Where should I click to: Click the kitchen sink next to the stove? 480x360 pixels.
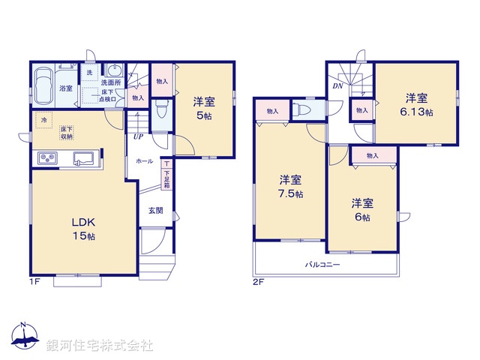pyautogui.click(x=83, y=158)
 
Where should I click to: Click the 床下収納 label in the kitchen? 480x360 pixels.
pyautogui.click(x=67, y=133)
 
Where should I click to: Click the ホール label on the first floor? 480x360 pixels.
pyautogui.click(x=145, y=161)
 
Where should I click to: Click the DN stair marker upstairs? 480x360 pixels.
pyautogui.click(x=337, y=85)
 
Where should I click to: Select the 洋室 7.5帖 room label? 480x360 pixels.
pyautogui.click(x=291, y=186)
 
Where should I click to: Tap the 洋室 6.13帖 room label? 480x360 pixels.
pyautogui.click(x=417, y=104)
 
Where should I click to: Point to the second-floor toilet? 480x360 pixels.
pyautogui.click(x=303, y=109)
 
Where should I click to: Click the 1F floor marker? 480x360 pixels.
pyautogui.click(x=34, y=282)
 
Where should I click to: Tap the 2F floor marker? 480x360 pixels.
pyautogui.click(x=259, y=282)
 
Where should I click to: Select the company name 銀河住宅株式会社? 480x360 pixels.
pyautogui.click(x=100, y=345)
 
